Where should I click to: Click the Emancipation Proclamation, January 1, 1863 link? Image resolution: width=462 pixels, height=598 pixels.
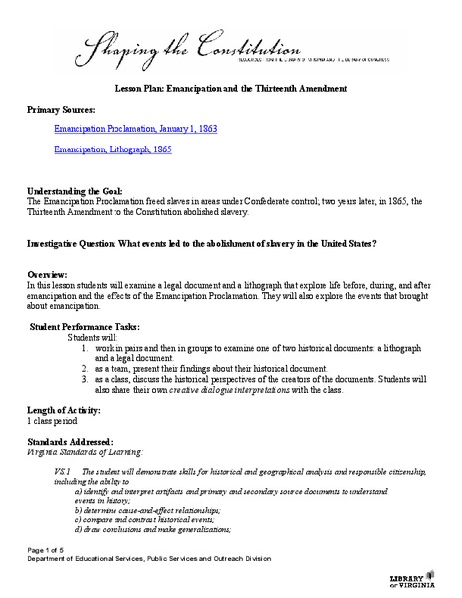pos(135,130)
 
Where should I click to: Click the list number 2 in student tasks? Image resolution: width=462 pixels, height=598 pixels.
pos(85,368)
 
